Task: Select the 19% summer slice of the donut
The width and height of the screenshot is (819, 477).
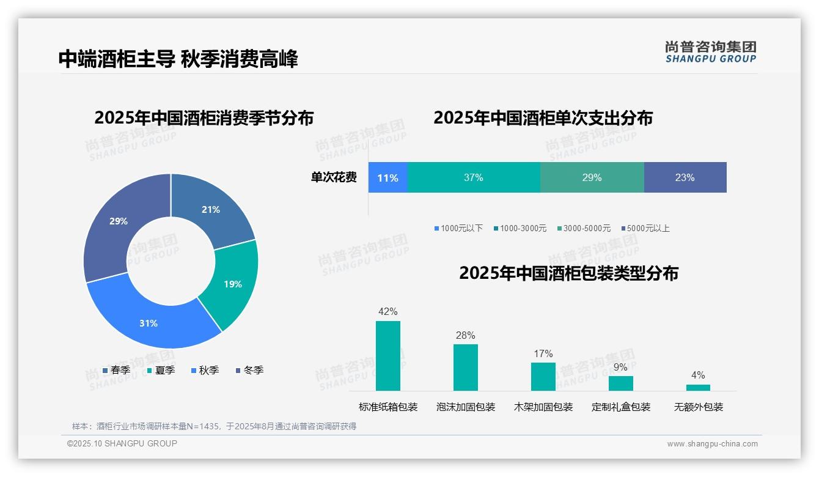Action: coord(232,284)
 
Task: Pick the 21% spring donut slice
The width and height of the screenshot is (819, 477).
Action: coord(211,209)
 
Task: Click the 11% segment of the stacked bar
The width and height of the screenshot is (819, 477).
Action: coord(387,177)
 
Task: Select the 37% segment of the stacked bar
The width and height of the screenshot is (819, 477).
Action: coord(474,177)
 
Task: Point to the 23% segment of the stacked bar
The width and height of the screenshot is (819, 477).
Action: coord(685,177)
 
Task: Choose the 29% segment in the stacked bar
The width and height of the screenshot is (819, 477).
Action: coord(592,177)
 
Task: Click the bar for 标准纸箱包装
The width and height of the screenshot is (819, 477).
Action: coord(387,356)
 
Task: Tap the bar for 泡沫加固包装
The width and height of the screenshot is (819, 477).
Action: coord(465,368)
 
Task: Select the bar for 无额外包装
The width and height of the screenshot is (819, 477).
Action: coord(698,387)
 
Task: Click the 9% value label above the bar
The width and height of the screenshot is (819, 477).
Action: coord(620,367)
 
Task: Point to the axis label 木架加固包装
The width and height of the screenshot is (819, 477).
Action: coord(543,407)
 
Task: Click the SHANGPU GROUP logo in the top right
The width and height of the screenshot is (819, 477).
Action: coord(710,52)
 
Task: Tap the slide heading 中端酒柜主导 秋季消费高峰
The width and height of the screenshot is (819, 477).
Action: coord(178,59)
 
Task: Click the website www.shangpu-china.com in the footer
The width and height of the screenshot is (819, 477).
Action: coord(712,443)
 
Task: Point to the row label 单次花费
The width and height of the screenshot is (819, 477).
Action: coord(334,177)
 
